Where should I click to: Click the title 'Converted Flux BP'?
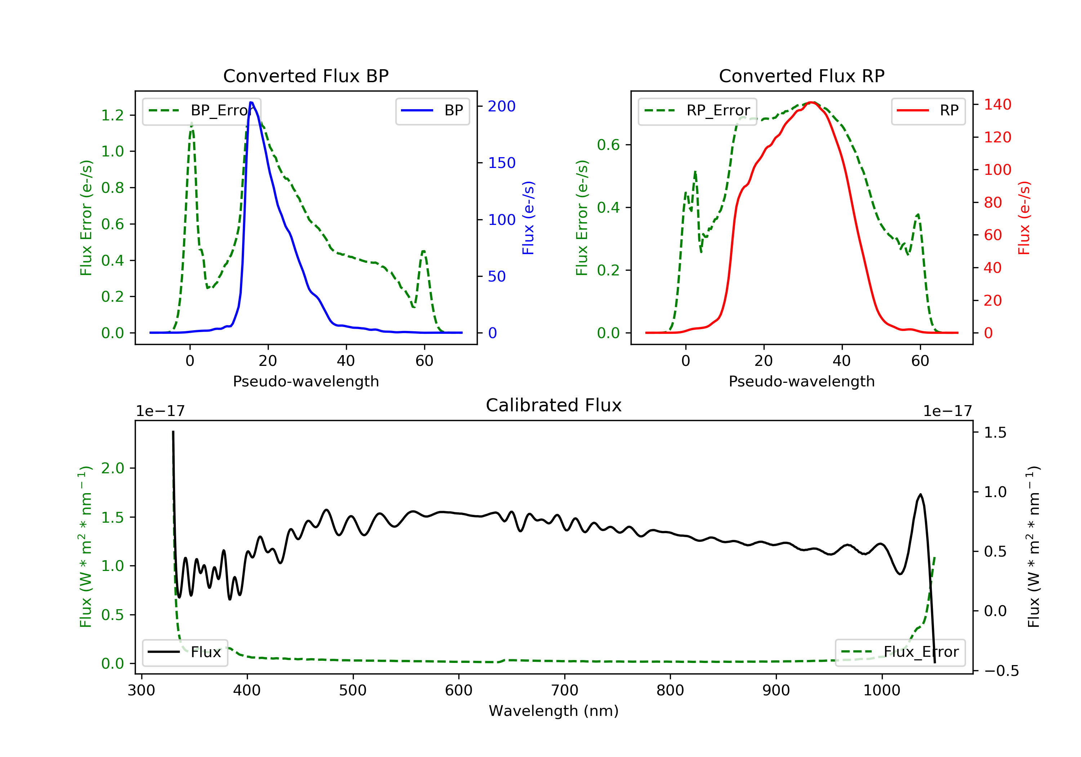306,76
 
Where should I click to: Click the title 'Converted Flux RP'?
801,76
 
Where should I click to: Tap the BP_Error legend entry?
201,111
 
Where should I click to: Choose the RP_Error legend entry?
697,111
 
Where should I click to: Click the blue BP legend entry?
432,111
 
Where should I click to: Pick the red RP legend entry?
928,111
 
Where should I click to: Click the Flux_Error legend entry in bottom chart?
900,652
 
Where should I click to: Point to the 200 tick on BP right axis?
502,106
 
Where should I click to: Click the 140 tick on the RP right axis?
997,105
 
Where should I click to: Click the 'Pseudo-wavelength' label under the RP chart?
801,381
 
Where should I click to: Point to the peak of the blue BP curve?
252,102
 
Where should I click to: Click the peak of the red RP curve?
812,102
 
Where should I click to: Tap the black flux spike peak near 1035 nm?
920,495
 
